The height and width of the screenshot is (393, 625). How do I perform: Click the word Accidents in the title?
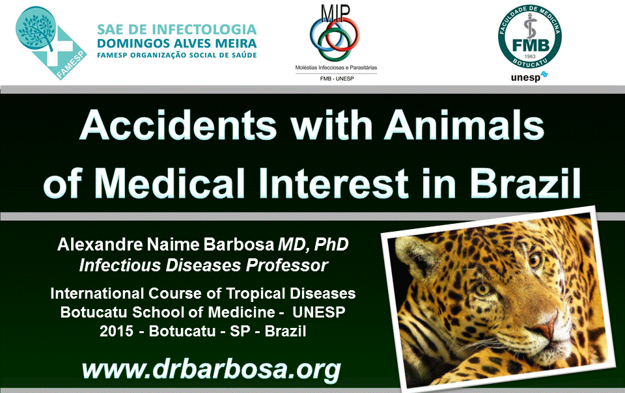(178, 126)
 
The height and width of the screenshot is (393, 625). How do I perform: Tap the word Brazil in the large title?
(525, 183)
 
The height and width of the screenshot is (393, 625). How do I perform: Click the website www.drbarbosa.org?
(211, 370)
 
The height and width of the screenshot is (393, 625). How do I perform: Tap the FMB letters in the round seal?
(530, 45)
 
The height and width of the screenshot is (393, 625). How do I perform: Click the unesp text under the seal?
(525, 77)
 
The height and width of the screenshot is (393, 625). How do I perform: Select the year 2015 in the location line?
(117, 331)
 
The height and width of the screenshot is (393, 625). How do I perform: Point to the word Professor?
(287, 265)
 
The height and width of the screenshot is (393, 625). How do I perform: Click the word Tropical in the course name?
(256, 294)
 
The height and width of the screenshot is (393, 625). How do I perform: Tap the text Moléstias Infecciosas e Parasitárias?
(336, 68)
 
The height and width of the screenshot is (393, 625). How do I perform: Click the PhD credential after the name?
(331, 244)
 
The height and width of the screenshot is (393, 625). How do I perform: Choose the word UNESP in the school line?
(319, 312)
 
